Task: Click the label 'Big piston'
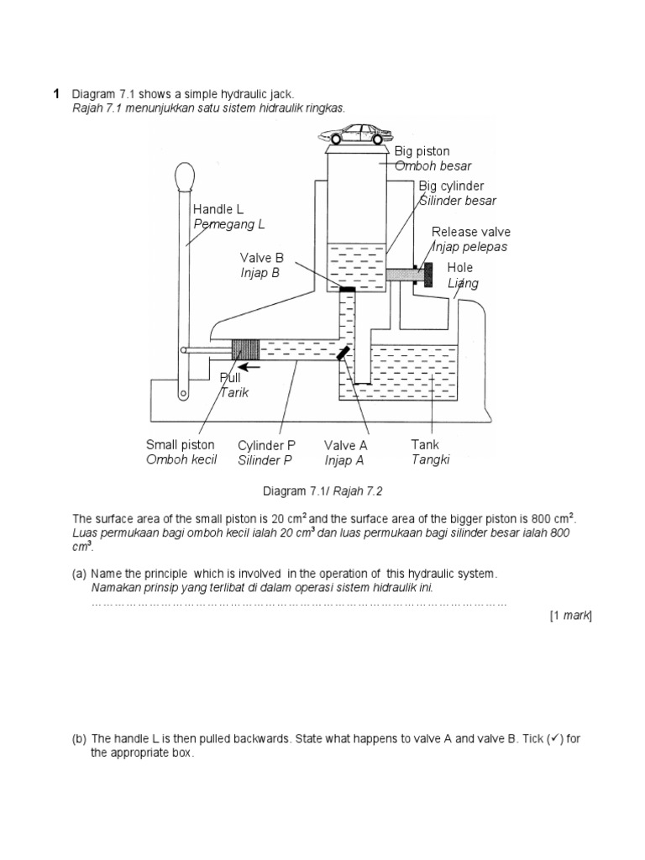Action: pyautogui.click(x=422, y=151)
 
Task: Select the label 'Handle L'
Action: pyautogui.click(x=218, y=209)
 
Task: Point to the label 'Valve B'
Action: pyautogui.click(x=262, y=259)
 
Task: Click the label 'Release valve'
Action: pyautogui.click(x=470, y=232)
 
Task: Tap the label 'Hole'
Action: pyautogui.click(x=459, y=268)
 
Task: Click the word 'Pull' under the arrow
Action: pyautogui.click(x=230, y=378)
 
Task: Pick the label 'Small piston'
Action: pyautogui.click(x=180, y=445)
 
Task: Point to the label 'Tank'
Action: pyautogui.click(x=425, y=444)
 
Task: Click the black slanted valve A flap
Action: pyautogui.click(x=343, y=354)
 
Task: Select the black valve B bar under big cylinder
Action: pyautogui.click(x=347, y=290)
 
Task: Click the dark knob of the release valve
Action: pyautogui.click(x=427, y=274)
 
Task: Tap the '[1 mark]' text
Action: pyautogui.click(x=570, y=616)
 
